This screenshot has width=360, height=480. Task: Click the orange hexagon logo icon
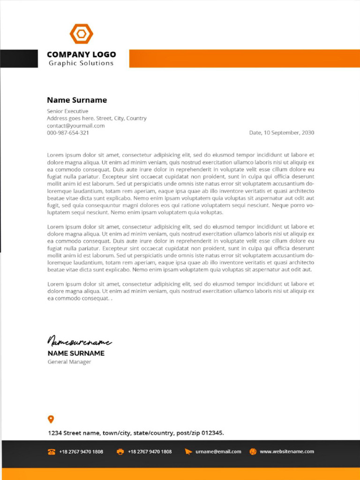coord(82,34)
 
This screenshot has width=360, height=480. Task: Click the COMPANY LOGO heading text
coord(81,54)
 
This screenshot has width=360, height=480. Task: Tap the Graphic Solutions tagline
coord(81,63)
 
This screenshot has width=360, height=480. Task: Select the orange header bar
coord(244,59)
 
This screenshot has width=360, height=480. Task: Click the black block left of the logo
coord(19,59)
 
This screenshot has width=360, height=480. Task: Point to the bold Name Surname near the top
coord(77,100)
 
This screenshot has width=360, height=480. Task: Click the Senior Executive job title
coord(67,111)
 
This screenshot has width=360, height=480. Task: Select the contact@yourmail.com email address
coord(75,126)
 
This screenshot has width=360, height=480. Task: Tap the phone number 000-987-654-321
coord(68,133)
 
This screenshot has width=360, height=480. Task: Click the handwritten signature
coord(79,342)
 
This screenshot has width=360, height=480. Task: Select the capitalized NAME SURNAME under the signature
coord(76,353)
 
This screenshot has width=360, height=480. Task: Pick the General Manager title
coord(69,362)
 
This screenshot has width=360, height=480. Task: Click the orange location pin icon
coord(51,419)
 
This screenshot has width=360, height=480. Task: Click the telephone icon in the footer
coord(52,451)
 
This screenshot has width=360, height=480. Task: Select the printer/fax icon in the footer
coord(120,451)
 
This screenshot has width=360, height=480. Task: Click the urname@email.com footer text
coord(218,451)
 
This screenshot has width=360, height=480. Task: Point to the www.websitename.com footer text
coord(287,451)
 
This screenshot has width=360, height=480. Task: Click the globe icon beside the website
coord(253,451)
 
